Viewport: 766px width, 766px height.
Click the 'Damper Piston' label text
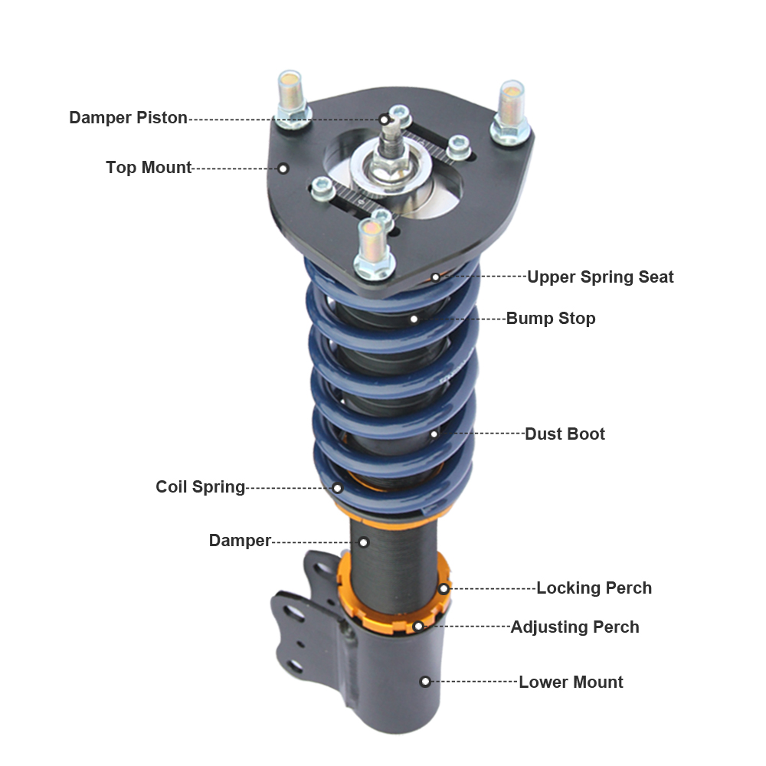(128, 118)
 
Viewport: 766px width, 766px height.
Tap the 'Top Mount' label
(149, 168)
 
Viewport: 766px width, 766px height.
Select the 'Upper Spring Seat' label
(600, 277)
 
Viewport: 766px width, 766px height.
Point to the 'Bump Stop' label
(550, 318)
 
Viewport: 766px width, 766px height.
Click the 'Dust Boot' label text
(565, 434)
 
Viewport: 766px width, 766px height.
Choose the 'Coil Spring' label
(200, 487)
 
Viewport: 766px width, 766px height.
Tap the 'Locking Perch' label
(594, 588)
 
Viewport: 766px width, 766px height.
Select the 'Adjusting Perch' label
(574, 627)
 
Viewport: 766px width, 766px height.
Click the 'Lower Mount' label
(571, 682)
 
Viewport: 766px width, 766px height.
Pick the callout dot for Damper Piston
(384, 119)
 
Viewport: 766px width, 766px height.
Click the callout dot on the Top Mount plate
(283, 168)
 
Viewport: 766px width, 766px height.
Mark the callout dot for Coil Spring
(337, 487)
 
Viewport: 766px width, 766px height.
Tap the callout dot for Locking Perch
(444, 588)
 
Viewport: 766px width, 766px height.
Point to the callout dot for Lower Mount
(425, 681)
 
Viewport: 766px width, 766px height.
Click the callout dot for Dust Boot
(434, 434)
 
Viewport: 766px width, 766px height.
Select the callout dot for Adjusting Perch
(418, 627)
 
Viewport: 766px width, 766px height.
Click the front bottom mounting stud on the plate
(374, 247)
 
